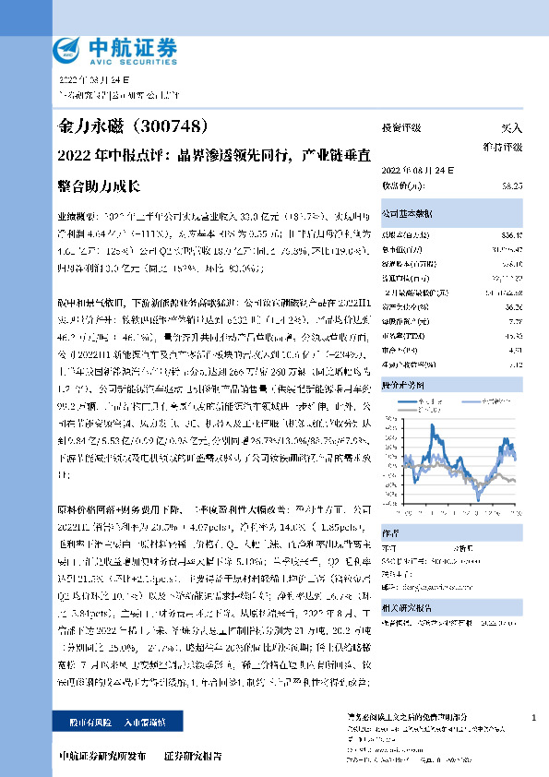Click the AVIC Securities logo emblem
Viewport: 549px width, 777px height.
click(x=67, y=49)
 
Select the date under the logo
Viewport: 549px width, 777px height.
click(x=89, y=81)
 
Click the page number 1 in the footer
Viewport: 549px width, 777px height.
click(x=535, y=716)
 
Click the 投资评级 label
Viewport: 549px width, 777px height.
click(x=400, y=129)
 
